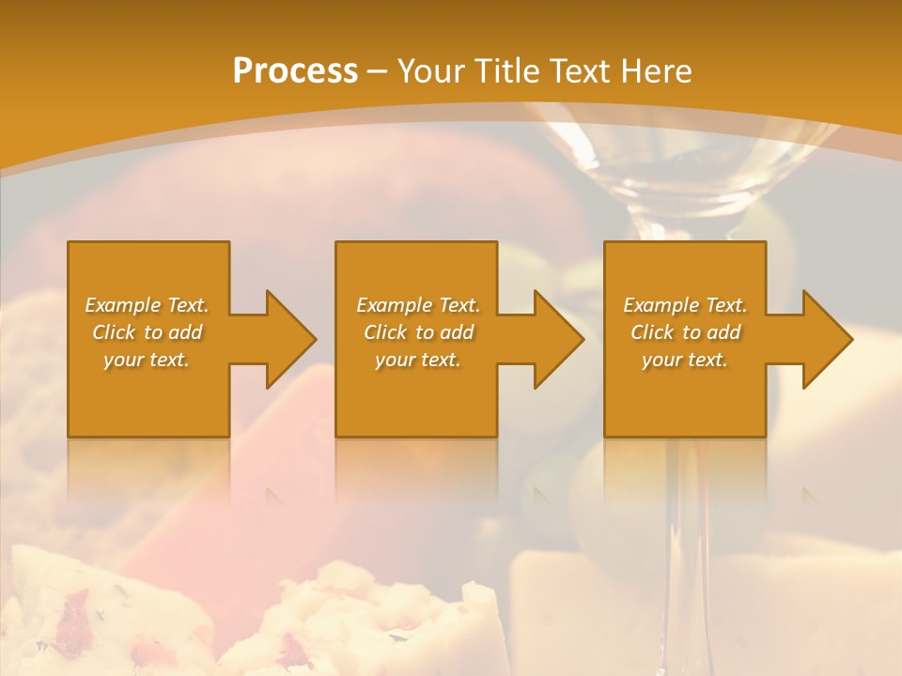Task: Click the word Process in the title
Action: pos(295,70)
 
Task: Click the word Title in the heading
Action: pos(505,70)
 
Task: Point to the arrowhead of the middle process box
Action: pos(557,339)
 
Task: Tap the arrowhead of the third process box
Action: pos(826,339)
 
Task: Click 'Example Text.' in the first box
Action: pos(148,305)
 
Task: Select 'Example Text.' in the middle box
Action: pos(417,305)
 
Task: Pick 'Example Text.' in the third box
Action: pos(685,305)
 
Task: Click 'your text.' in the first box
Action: pos(147,360)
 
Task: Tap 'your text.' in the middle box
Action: pos(417,360)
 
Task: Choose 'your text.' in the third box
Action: pos(685,360)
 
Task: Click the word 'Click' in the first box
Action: pos(115,332)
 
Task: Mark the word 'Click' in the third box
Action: pos(653,332)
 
